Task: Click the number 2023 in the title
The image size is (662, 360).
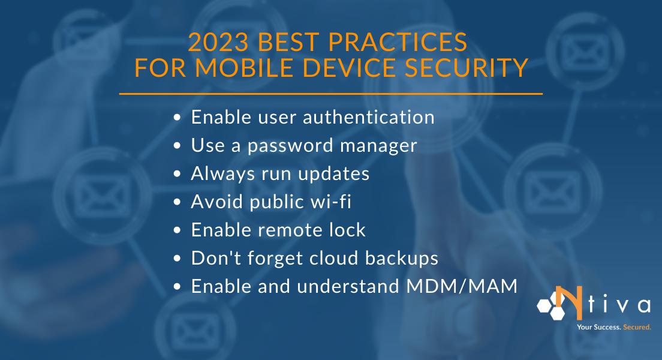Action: [217, 43]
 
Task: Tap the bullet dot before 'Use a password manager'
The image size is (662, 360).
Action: [177, 146]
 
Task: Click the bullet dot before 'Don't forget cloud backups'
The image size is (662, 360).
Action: [177, 259]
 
